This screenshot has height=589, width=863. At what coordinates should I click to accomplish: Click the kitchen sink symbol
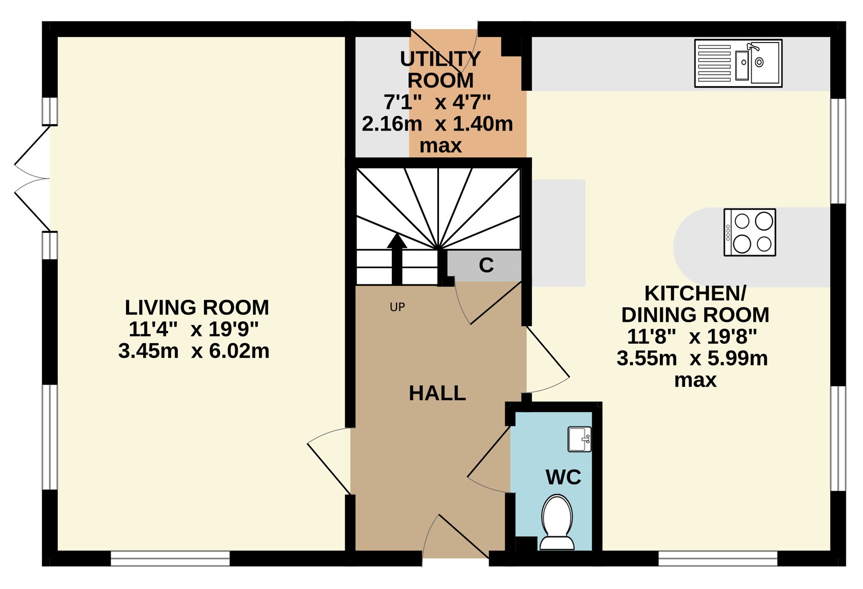pyautogui.click(x=738, y=63)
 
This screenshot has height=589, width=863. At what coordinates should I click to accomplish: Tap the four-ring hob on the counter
pyautogui.click(x=749, y=232)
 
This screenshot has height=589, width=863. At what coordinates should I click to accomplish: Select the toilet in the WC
pyautogui.click(x=557, y=522)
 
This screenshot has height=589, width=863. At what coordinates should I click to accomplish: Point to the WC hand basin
pyautogui.click(x=579, y=439)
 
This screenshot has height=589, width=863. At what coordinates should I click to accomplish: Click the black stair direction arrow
pyautogui.click(x=396, y=259)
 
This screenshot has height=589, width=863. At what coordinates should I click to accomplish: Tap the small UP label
pyautogui.click(x=397, y=307)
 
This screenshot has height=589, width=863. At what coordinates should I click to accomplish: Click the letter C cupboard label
pyautogui.click(x=486, y=266)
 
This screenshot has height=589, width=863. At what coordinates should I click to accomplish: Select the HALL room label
pyautogui.click(x=437, y=393)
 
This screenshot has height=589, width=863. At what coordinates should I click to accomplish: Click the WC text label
pyautogui.click(x=563, y=477)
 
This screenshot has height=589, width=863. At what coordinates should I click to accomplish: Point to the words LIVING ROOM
pyautogui.click(x=197, y=308)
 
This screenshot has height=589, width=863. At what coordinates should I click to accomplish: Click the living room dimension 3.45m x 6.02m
pyautogui.click(x=194, y=351)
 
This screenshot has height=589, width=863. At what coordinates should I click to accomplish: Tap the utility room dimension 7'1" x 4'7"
pyautogui.click(x=437, y=102)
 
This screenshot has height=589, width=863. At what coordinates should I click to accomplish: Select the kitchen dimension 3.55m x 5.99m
pyautogui.click(x=692, y=358)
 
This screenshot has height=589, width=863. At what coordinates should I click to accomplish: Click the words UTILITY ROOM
pyautogui.click(x=440, y=69)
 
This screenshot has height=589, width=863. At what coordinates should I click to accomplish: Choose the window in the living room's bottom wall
pyautogui.click(x=170, y=558)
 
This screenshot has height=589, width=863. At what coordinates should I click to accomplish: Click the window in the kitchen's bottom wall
pyautogui.click(x=718, y=558)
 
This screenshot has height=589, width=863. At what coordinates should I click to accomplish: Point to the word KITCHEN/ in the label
pyautogui.click(x=695, y=294)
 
